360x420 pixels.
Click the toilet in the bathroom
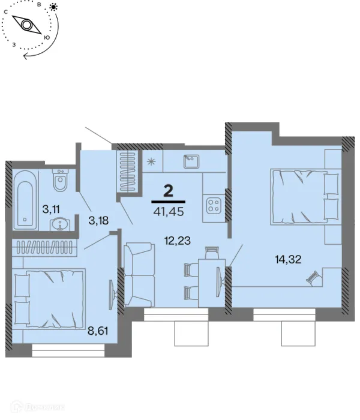pos(60,180)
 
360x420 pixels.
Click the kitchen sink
pos(191,161)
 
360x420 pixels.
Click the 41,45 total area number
pos(169,212)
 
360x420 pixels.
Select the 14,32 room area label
pos(289,259)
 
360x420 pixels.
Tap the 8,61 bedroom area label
pos(98,331)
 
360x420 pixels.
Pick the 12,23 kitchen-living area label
pos(178,241)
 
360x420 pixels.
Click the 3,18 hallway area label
pos(98,220)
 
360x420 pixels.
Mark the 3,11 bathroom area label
pos(51,209)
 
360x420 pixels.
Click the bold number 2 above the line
pos(168,191)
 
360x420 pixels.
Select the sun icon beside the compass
pos(54,7)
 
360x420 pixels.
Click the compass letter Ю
pos(47,37)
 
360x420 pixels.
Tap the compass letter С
pos(5,12)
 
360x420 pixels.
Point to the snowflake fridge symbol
pos(152,161)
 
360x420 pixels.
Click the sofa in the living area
pos(139,275)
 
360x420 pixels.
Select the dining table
pos(212,283)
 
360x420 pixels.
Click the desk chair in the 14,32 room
pos(313,278)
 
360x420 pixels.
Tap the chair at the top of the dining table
pos(212,253)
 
